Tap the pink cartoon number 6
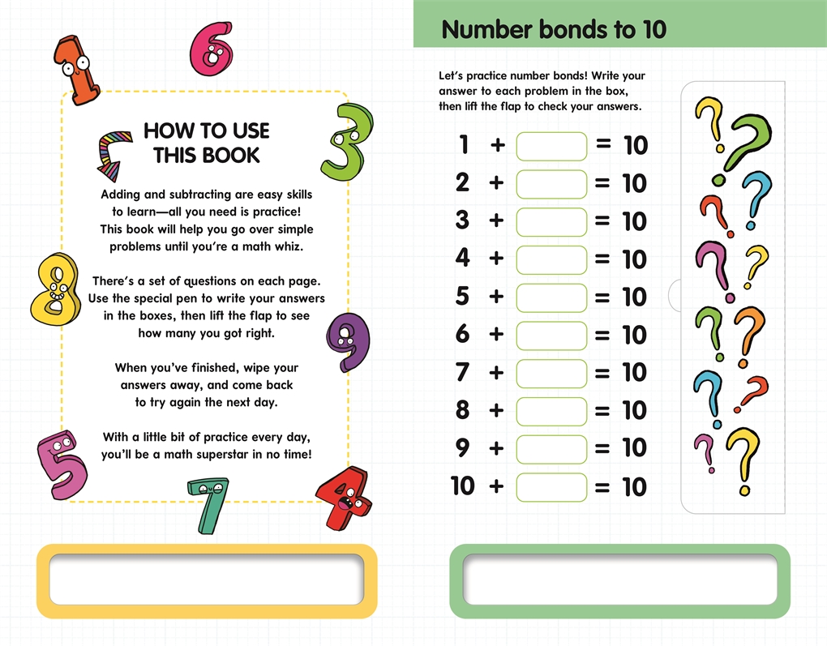212,49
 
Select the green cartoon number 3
346,141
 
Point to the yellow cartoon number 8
55,289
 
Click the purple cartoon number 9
348,340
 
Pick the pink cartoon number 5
62,464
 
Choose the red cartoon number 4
344,498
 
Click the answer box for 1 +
551,146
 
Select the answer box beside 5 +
551,298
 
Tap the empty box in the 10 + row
551,487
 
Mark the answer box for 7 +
551,374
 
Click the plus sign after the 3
495,220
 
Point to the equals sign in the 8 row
602,411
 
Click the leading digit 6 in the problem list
462,334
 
